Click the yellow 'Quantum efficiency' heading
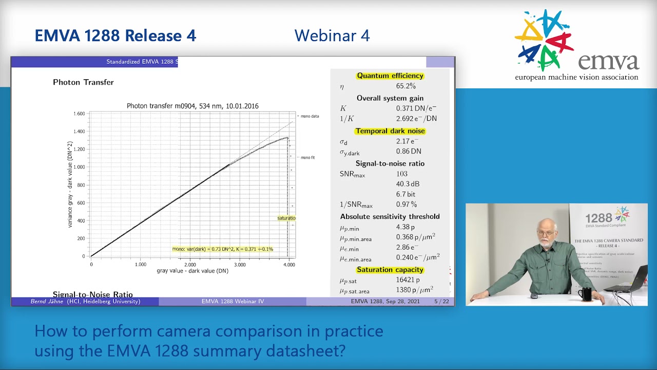click(x=390, y=76)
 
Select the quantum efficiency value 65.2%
click(x=405, y=86)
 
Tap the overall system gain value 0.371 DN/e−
click(x=416, y=108)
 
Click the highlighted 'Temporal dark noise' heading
click(x=390, y=131)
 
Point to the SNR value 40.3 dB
click(x=408, y=184)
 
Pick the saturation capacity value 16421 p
click(x=408, y=280)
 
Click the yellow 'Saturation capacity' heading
click(x=390, y=270)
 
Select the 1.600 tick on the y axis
click(x=79, y=114)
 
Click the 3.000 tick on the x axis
click(x=239, y=265)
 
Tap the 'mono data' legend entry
click(x=310, y=116)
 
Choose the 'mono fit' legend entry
click(x=307, y=158)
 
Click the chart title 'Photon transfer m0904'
click(x=192, y=106)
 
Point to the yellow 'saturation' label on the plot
click(x=286, y=218)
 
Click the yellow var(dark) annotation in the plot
click(x=223, y=249)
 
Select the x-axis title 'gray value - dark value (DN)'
click(x=192, y=271)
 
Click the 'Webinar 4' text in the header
click(x=332, y=35)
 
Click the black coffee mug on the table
click(x=585, y=294)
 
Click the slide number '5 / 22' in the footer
click(x=441, y=302)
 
